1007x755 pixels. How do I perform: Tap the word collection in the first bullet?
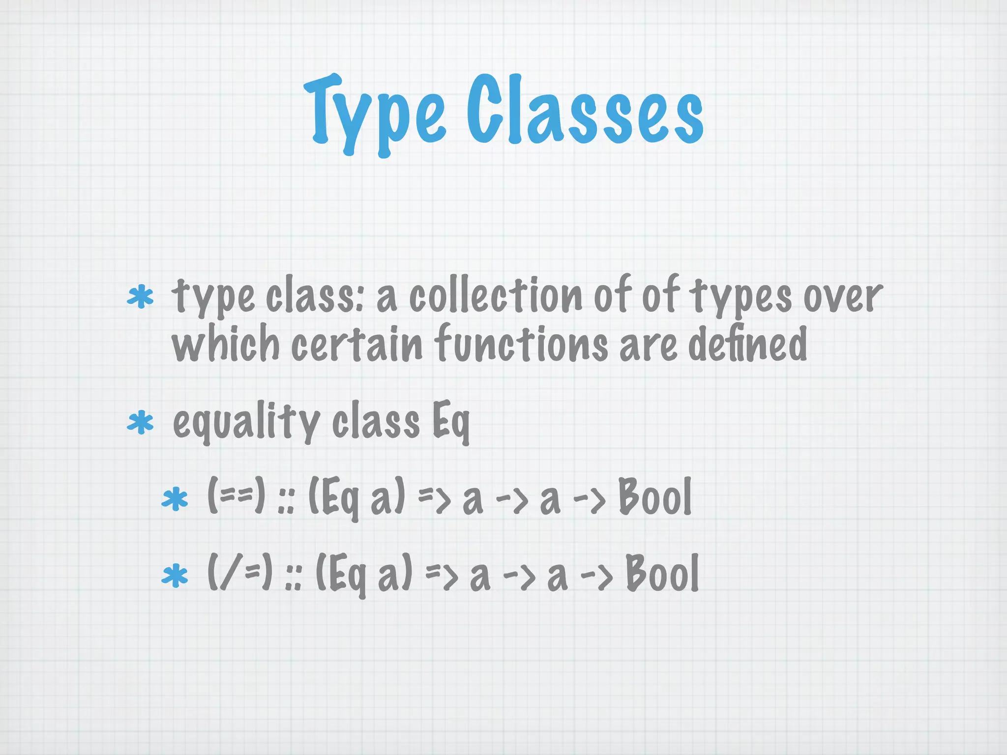[x=496, y=296]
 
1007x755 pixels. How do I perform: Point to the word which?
[x=225, y=343]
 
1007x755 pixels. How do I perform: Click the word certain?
[x=356, y=343]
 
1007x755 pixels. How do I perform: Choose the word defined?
[x=747, y=343]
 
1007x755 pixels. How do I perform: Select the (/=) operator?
[x=240, y=572]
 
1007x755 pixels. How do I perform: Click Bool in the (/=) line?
[x=662, y=573]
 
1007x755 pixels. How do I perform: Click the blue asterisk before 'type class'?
[x=141, y=296]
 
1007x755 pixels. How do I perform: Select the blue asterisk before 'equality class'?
[x=141, y=422]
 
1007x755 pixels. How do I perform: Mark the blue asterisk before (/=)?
[x=175, y=576]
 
